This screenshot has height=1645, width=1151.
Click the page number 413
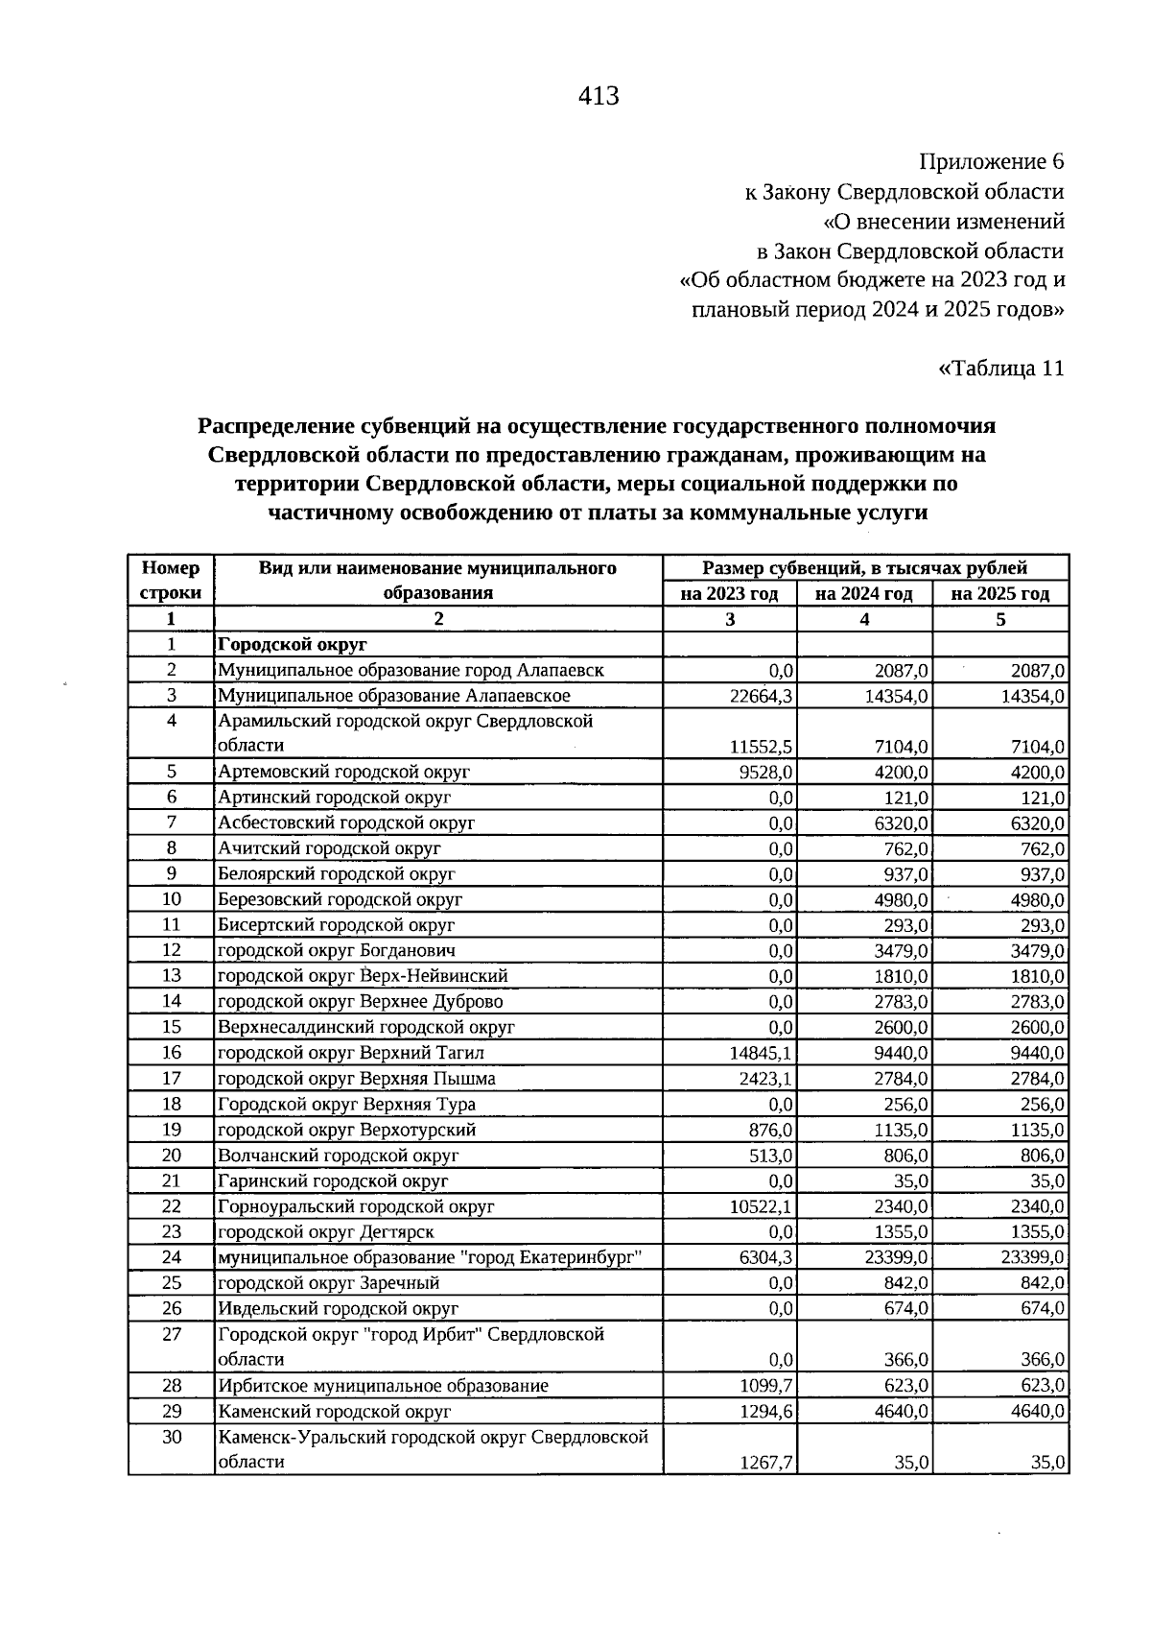(x=599, y=97)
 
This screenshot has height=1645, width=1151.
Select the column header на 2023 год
(x=729, y=594)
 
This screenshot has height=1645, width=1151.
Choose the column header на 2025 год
(x=999, y=594)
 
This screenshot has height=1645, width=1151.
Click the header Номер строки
(x=171, y=581)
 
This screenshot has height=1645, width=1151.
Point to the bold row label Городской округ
(x=293, y=645)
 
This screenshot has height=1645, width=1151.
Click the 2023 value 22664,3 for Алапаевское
(x=761, y=697)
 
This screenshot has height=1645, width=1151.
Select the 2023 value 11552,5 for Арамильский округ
(x=761, y=747)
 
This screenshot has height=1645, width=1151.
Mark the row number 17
(x=172, y=1079)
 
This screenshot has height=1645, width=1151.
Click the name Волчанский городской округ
(x=338, y=1156)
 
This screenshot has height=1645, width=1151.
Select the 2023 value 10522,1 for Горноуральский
(x=761, y=1207)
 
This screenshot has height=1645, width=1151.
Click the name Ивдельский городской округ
(x=338, y=1309)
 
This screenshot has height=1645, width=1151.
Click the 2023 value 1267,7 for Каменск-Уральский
(x=765, y=1464)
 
